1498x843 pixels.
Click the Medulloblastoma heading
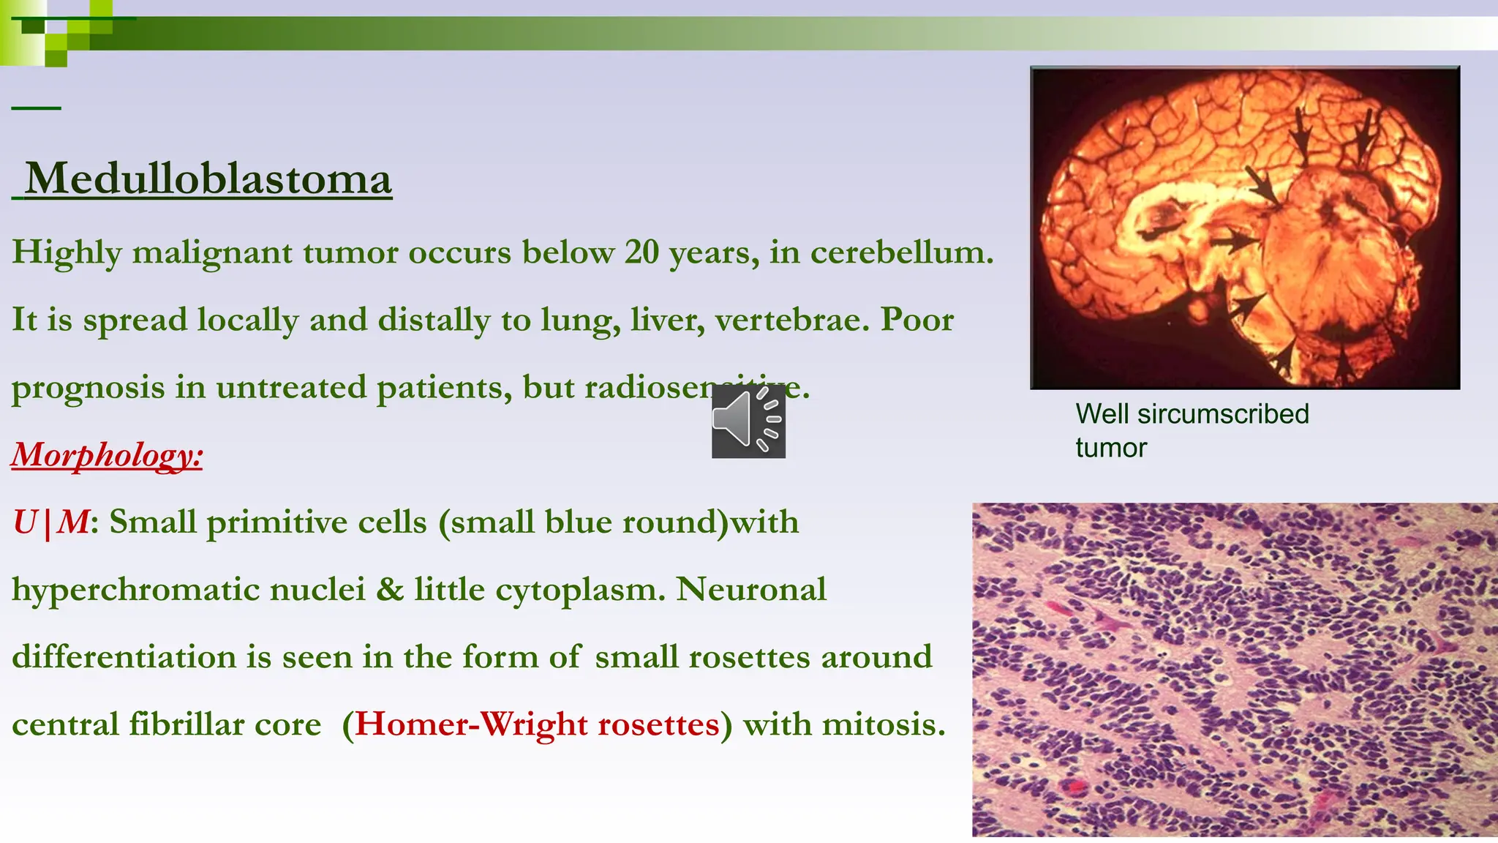(208, 179)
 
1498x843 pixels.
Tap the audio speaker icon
(748, 421)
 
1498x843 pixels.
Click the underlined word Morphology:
(107, 455)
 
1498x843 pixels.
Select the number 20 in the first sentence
(641, 253)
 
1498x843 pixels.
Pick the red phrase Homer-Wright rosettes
(538, 725)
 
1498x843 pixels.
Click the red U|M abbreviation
(51, 522)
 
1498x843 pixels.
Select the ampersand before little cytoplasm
(390, 590)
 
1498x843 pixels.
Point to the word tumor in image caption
(1111, 448)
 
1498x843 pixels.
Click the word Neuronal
(751, 590)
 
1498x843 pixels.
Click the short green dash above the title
(36, 108)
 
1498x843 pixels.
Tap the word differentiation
(124, 657)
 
